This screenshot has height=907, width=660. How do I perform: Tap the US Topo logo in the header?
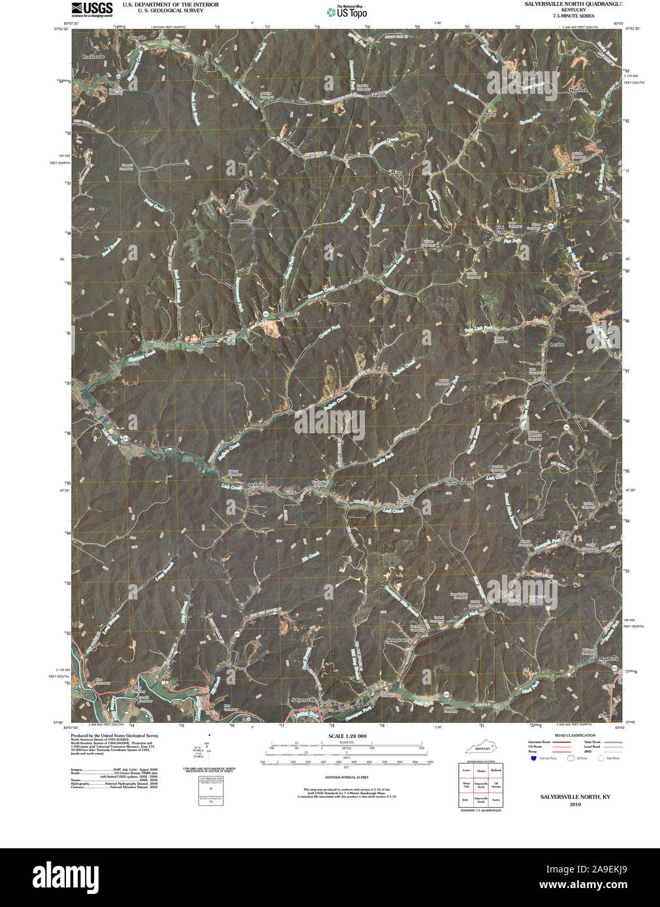point(347,12)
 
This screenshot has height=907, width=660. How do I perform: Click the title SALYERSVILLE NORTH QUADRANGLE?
point(573,4)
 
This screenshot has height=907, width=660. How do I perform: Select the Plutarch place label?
point(243,221)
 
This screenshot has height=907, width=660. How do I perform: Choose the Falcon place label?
point(563,533)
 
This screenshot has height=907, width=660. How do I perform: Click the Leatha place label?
point(556,344)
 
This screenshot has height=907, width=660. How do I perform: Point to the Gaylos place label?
point(379,95)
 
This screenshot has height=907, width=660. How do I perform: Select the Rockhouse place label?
point(93,57)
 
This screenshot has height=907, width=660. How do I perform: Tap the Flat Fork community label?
point(501,229)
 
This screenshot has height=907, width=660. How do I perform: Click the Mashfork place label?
point(608,659)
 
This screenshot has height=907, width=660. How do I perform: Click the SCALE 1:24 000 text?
point(348,736)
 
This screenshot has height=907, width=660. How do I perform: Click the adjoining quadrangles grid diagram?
point(480,785)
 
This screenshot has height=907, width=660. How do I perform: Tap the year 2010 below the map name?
point(574,805)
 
